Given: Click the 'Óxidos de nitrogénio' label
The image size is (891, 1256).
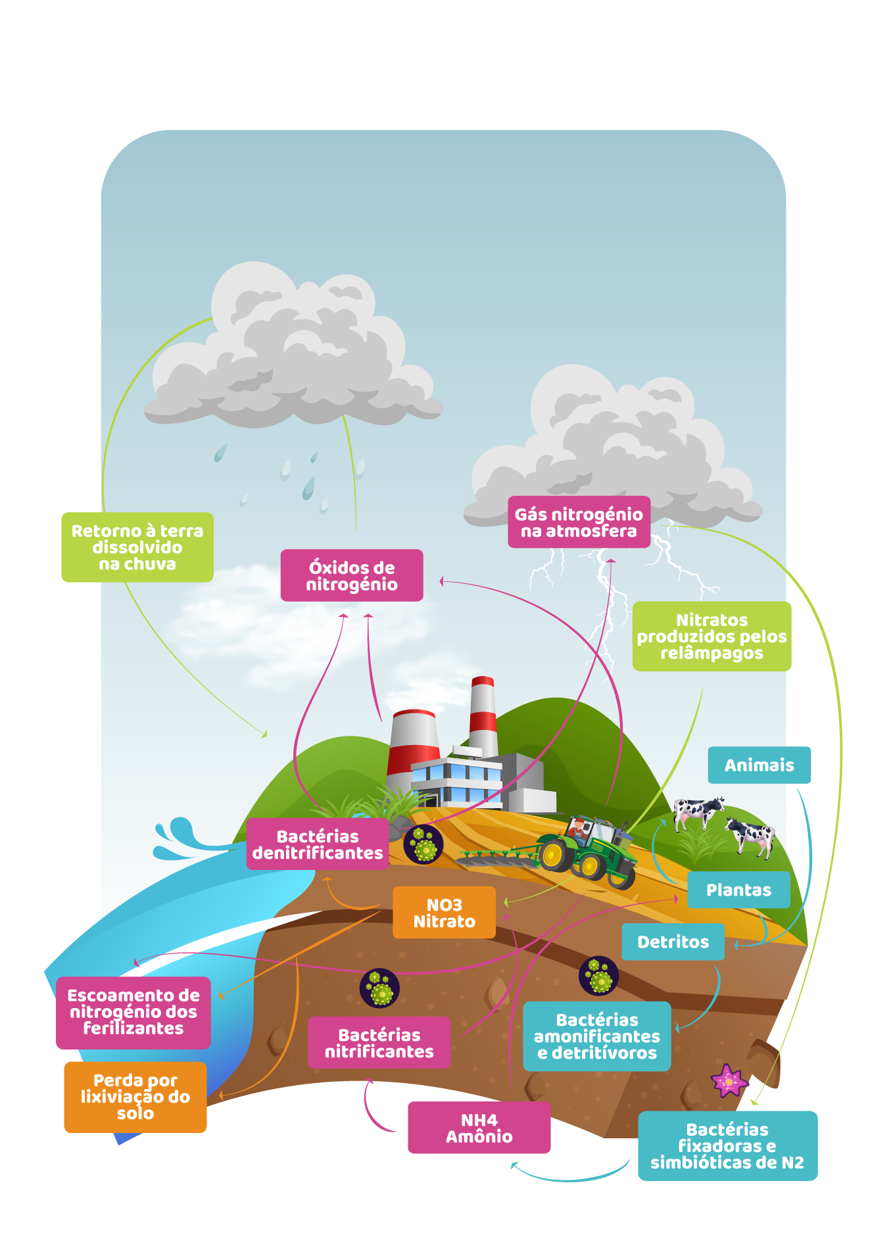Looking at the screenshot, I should (352, 575).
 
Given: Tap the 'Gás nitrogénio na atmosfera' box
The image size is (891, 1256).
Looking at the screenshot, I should (579, 522).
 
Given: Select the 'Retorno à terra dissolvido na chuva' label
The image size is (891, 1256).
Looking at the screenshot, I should (137, 547).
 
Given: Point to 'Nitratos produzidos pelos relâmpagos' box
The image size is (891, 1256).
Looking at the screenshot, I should (711, 636).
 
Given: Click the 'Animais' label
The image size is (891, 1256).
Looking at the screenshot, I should (759, 765).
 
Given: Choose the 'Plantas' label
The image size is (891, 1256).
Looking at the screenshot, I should (738, 890).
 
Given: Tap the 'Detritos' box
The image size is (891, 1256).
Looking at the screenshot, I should (673, 942).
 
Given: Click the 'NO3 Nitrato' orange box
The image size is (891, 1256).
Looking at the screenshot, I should (444, 913).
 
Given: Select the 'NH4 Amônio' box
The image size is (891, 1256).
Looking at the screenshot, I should (479, 1128).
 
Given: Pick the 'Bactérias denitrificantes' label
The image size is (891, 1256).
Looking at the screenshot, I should (318, 844).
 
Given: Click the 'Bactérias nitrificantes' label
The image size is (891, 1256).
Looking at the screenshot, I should (379, 1043).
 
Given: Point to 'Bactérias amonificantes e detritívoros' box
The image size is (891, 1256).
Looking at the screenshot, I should (596, 1036).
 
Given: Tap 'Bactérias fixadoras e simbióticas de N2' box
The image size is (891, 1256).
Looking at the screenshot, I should (727, 1146).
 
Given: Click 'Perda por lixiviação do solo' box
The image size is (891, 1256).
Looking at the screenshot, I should (135, 1097).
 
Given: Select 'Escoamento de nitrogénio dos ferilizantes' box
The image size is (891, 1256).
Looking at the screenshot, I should (133, 1012).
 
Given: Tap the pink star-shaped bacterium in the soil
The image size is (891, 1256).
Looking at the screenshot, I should (728, 1081).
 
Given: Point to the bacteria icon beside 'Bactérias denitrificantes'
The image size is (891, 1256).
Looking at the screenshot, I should (423, 844).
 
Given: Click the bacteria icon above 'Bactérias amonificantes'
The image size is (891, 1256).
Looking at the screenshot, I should (598, 976).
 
